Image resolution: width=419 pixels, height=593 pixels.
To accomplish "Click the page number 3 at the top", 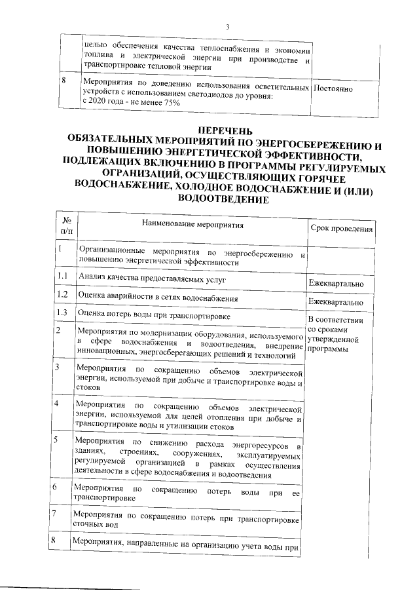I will tap(227, 27).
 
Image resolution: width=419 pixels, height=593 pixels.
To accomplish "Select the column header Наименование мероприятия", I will tap(192, 225).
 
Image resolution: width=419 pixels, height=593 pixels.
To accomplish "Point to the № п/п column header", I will tap(66, 226).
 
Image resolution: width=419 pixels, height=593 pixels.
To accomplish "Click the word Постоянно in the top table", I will tap(334, 88).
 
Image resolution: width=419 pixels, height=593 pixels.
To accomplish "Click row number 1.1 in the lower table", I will tap(63, 277).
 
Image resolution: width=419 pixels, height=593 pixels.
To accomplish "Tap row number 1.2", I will tap(63, 295).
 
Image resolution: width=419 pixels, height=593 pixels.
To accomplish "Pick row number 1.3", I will tap(63, 313).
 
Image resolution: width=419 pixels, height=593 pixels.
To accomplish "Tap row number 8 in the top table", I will tap(64, 81).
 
